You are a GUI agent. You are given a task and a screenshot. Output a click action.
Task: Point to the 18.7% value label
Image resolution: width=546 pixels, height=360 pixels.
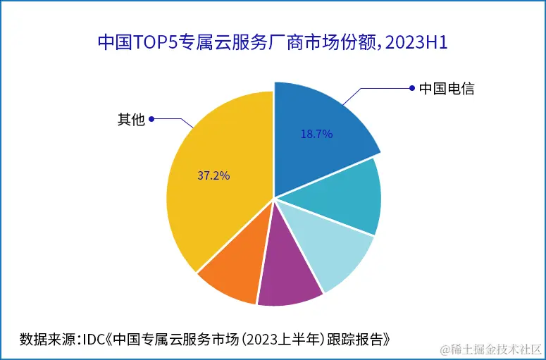(x=316, y=133)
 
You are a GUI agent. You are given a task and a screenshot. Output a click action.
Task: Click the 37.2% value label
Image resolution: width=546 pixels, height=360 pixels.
(x=213, y=175)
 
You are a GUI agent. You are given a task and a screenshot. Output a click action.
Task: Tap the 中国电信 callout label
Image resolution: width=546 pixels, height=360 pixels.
(x=446, y=89)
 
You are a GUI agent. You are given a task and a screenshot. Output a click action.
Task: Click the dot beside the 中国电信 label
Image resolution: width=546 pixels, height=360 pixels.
(x=411, y=88)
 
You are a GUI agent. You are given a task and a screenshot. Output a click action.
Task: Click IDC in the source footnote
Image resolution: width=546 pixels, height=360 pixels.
(x=94, y=339)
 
